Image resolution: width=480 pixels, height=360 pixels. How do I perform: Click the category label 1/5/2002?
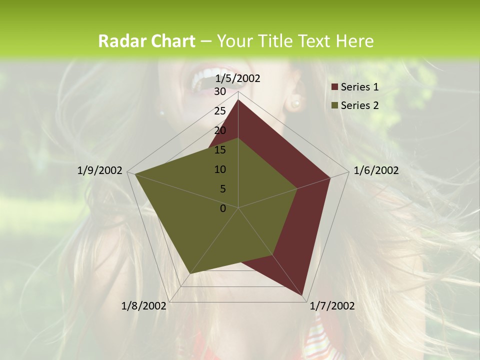238,78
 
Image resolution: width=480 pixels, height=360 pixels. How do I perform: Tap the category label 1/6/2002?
376,170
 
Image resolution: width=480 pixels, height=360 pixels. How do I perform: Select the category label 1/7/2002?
332,306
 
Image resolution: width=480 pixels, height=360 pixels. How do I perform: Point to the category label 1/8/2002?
144,306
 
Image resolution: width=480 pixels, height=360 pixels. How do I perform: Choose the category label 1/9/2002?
100,170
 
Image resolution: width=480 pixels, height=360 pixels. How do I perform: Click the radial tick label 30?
220,91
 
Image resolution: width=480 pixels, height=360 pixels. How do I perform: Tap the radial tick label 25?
220,111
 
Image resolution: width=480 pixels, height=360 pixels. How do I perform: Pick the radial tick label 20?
220,130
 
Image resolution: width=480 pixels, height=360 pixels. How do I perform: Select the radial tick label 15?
220,150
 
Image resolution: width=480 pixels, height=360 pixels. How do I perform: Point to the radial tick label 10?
220,169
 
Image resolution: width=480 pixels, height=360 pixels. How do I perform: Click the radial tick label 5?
222,189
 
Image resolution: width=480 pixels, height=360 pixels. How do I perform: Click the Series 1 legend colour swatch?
335,87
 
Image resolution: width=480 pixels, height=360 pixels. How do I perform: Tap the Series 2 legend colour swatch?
335,105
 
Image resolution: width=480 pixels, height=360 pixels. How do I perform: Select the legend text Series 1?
359,87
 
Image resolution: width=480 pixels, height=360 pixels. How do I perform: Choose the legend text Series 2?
359,105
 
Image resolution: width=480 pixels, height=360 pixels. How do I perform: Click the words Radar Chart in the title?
146,41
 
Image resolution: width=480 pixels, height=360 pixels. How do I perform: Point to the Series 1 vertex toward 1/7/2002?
303,295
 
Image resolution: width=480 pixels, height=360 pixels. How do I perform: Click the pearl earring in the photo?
295,103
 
